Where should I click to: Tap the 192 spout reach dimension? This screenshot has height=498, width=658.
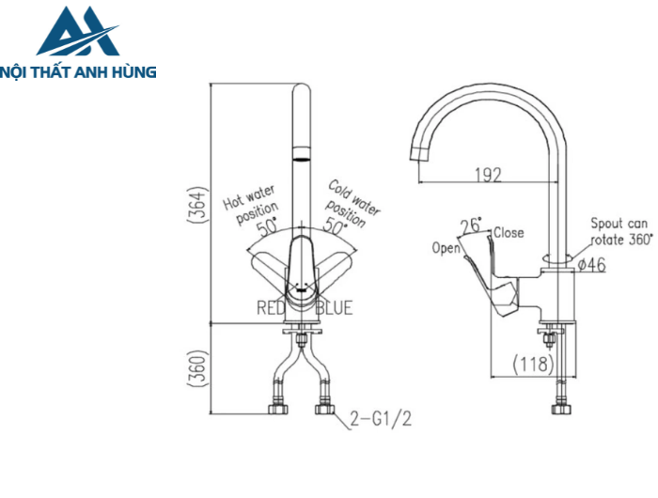click(x=489, y=174)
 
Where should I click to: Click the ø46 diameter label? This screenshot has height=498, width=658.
click(x=591, y=266)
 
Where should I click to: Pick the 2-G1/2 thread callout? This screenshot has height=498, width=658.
click(x=381, y=418)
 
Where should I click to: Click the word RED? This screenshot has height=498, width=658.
click(x=272, y=308)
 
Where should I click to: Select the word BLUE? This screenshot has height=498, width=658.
click(x=335, y=308)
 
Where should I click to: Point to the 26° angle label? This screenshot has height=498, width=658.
click(x=471, y=226)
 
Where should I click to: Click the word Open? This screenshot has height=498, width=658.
click(x=446, y=248)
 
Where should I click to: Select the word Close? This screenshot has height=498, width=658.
click(x=509, y=232)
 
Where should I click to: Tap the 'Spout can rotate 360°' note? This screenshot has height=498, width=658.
click(x=619, y=231)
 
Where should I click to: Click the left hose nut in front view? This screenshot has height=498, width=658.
click(x=277, y=410)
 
